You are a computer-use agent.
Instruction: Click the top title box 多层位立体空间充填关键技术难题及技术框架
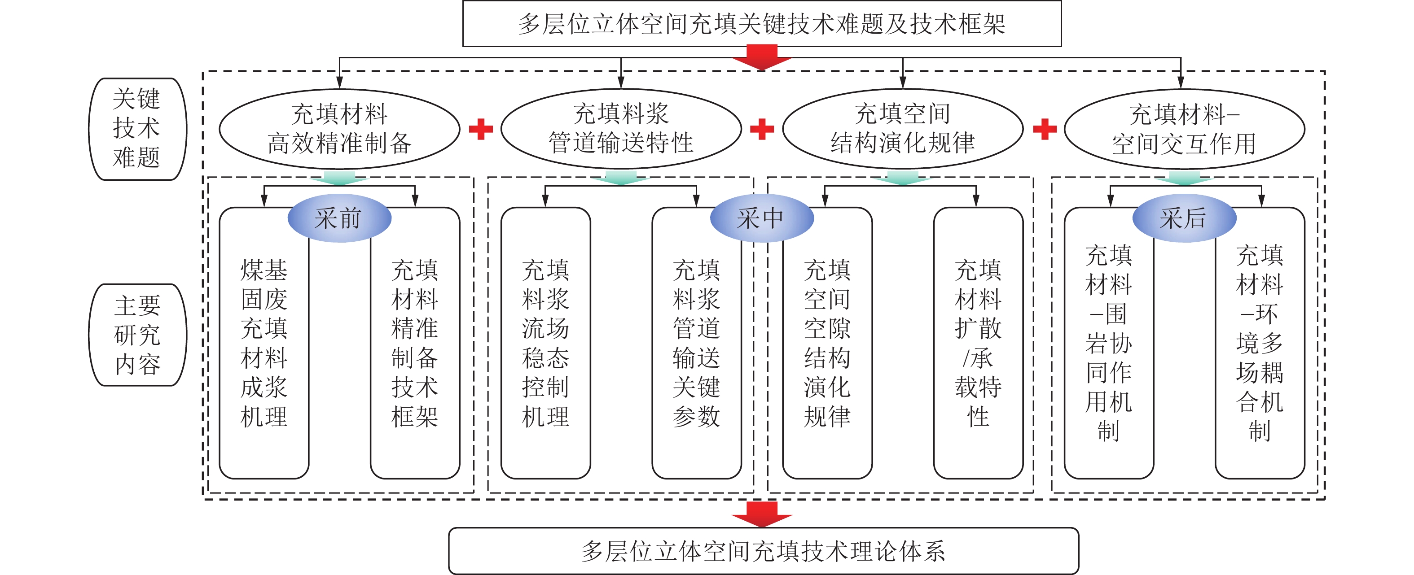click(x=761, y=24)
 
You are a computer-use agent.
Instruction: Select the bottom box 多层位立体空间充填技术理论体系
click(x=763, y=551)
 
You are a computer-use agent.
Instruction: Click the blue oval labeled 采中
click(x=761, y=218)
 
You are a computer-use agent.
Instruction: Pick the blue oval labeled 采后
click(x=1184, y=218)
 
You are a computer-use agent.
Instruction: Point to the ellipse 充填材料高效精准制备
click(x=339, y=129)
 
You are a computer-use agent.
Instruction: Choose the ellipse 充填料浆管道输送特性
click(x=621, y=129)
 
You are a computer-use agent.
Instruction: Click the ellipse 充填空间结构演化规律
click(x=902, y=129)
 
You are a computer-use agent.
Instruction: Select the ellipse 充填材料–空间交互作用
click(x=1184, y=129)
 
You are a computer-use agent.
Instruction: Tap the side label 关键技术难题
click(x=137, y=129)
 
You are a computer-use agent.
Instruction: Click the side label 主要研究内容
click(x=137, y=335)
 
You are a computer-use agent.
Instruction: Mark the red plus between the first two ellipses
click(x=481, y=130)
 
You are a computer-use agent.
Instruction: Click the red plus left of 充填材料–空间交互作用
click(x=1045, y=130)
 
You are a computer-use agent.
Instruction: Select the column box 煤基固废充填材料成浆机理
click(x=264, y=343)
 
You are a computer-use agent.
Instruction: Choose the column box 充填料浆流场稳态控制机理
click(x=545, y=343)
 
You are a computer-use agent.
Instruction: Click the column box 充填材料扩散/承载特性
click(x=978, y=343)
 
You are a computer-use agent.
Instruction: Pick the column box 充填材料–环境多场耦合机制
click(x=1260, y=343)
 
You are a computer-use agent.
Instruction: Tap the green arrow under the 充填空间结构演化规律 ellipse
click(x=902, y=178)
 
